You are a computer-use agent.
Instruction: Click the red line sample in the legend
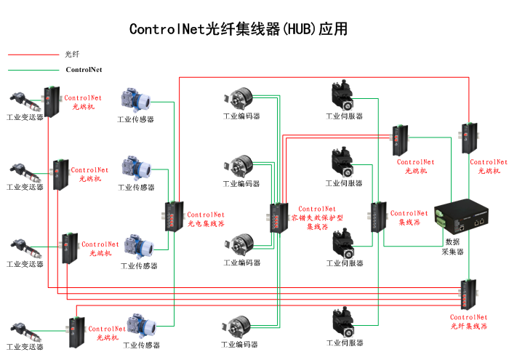point(32,55)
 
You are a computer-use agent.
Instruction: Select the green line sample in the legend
point(32,71)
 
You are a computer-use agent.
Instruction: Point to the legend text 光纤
point(72,55)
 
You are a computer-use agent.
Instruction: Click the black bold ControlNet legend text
point(84,71)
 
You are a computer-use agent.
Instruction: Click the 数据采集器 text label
point(453,247)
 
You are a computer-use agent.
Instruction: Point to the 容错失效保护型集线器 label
point(317,217)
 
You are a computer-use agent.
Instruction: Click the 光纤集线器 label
point(468,321)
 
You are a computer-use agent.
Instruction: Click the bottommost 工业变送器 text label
point(24,347)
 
